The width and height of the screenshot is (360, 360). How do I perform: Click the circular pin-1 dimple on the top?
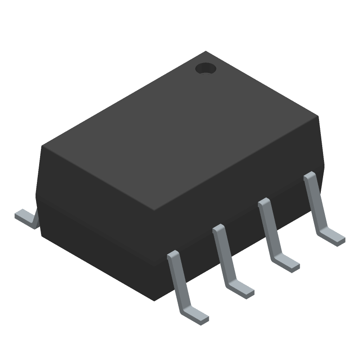(206, 68)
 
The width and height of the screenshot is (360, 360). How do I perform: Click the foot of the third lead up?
(285, 263)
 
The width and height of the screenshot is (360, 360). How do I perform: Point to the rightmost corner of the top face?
(318, 116)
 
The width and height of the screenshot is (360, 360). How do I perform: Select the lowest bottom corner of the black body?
(155, 300)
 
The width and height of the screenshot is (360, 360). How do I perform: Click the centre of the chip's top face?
(180, 130)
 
